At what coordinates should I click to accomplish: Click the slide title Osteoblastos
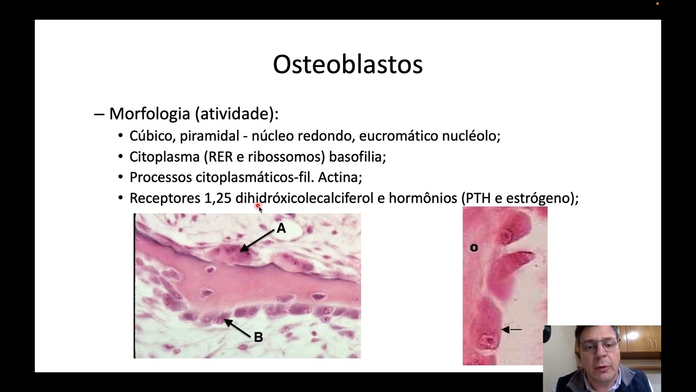347,65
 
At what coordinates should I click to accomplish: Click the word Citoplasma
165,157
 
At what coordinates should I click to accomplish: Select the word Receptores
165,198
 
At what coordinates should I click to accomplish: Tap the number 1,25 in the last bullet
217,198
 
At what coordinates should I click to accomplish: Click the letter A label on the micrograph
281,228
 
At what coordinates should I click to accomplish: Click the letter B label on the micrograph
258,338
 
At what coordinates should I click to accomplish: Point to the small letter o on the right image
474,248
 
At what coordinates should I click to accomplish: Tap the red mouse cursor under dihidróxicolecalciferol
258,207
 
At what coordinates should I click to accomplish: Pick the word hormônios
422,198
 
